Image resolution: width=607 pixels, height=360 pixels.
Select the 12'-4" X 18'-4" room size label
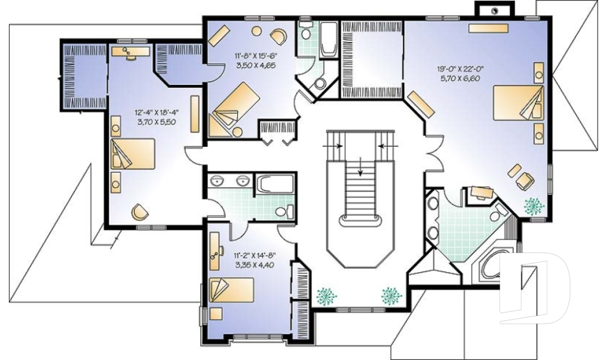[x=156, y=113]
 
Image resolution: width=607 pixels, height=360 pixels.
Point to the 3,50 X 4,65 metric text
[x=251, y=65]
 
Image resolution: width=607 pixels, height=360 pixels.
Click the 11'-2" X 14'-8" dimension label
[x=251, y=256]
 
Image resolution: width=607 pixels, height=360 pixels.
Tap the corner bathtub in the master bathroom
[x=487, y=270]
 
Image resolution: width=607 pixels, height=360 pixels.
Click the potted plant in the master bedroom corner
[x=533, y=205]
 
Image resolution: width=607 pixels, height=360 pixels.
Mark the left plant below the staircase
[x=327, y=295]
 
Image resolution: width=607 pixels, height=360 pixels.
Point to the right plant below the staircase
[x=389, y=295]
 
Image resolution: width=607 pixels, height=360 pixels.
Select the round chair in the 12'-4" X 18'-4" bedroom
[x=139, y=211]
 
